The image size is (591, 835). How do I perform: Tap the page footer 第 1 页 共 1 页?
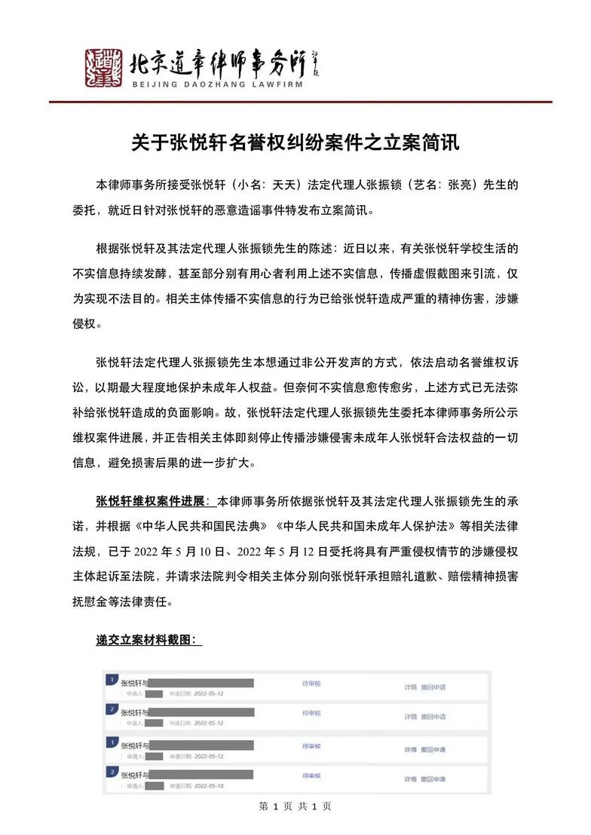(295, 806)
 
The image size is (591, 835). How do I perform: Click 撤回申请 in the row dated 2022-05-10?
(433, 778)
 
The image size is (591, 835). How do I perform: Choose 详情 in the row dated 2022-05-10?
(410, 778)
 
